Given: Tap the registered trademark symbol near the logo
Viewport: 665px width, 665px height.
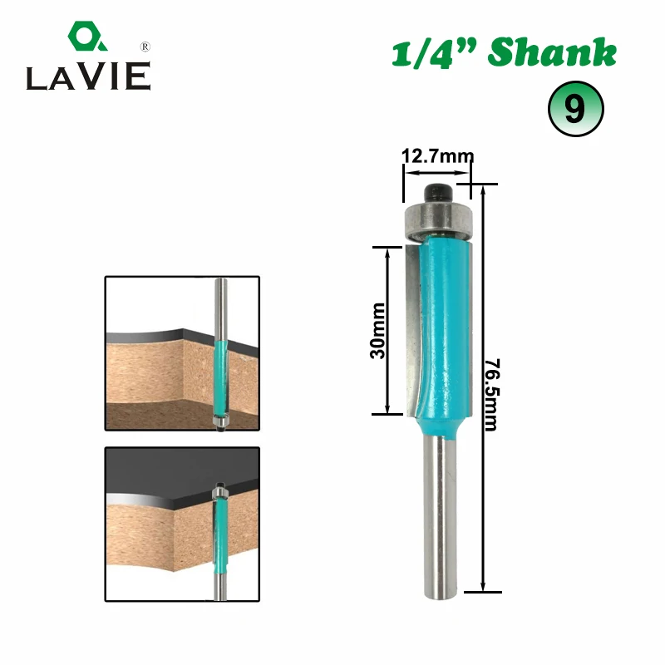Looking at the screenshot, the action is point(145,47).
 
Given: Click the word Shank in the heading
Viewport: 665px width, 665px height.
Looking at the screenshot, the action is point(552,52).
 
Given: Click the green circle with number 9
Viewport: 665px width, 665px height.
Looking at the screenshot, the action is point(575,109).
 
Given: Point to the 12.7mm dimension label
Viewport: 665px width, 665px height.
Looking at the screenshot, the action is point(438,156).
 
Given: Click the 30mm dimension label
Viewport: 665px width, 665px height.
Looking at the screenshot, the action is point(377,331).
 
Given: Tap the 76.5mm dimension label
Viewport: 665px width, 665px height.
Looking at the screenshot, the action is point(492,394).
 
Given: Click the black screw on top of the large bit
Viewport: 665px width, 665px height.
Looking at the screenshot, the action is point(438,192).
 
